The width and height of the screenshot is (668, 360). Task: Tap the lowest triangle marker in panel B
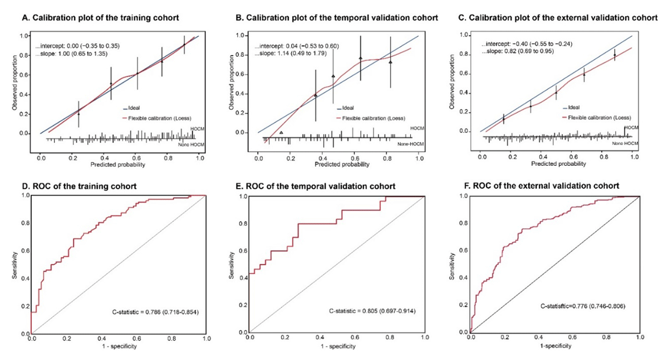click(281, 132)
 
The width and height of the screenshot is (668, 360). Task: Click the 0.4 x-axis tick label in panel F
click(538, 338)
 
